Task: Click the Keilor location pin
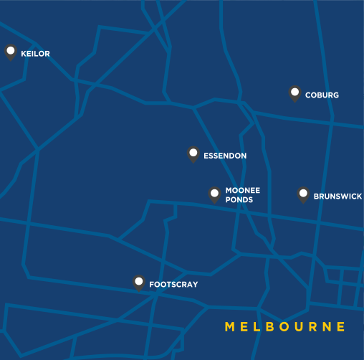tap(11, 52)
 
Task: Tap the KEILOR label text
tap(36, 54)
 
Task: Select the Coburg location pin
tap(294, 93)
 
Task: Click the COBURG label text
tap(322, 95)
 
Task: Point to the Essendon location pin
tap(193, 153)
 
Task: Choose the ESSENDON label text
tap(225, 156)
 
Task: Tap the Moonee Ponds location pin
tap(214, 193)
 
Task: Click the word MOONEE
tap(243, 191)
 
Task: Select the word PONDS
tap(239, 200)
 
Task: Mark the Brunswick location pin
tap(303, 194)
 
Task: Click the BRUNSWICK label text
tap(337, 196)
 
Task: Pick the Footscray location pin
tap(139, 282)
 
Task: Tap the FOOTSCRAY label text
tap(173, 285)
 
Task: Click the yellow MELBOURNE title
tap(286, 327)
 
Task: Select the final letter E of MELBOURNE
tap(342, 327)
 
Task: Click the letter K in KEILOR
tap(24, 54)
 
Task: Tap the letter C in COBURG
tap(307, 95)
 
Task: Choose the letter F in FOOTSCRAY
tap(151, 285)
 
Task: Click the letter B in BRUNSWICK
tap(316, 196)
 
